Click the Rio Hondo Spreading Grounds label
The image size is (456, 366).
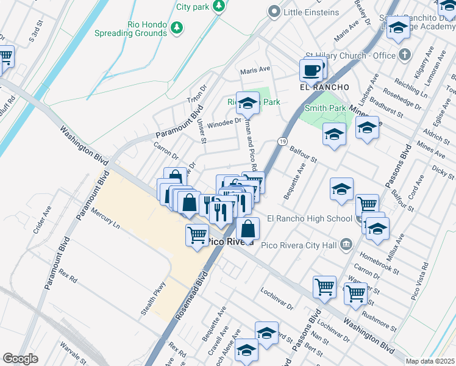(x=130, y=28)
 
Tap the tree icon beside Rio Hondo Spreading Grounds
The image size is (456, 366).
(x=177, y=27)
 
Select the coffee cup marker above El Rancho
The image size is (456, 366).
(x=311, y=70)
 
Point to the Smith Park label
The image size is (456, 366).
(x=326, y=108)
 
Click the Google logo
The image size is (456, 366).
(x=20, y=359)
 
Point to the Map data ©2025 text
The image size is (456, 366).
(x=430, y=361)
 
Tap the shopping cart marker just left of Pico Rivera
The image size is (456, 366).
(x=197, y=234)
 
